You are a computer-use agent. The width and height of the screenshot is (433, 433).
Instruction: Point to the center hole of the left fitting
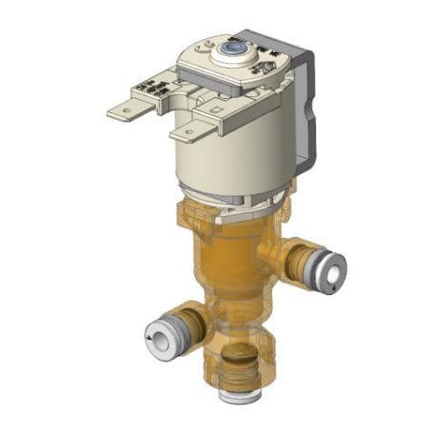pyautogui.click(x=152, y=336)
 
